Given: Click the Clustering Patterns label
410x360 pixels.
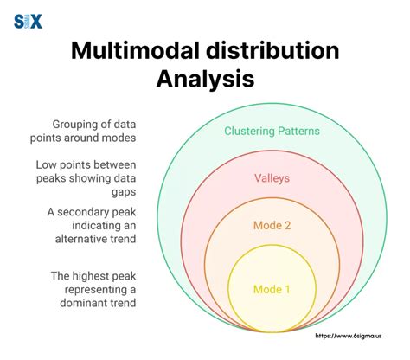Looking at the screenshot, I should [x=272, y=132].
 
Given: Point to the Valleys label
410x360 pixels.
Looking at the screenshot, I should [x=272, y=178].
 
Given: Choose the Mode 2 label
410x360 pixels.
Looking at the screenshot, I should [x=272, y=225].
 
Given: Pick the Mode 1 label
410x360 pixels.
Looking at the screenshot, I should [x=272, y=289].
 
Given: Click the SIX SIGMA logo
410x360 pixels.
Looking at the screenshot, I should [x=29, y=21].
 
